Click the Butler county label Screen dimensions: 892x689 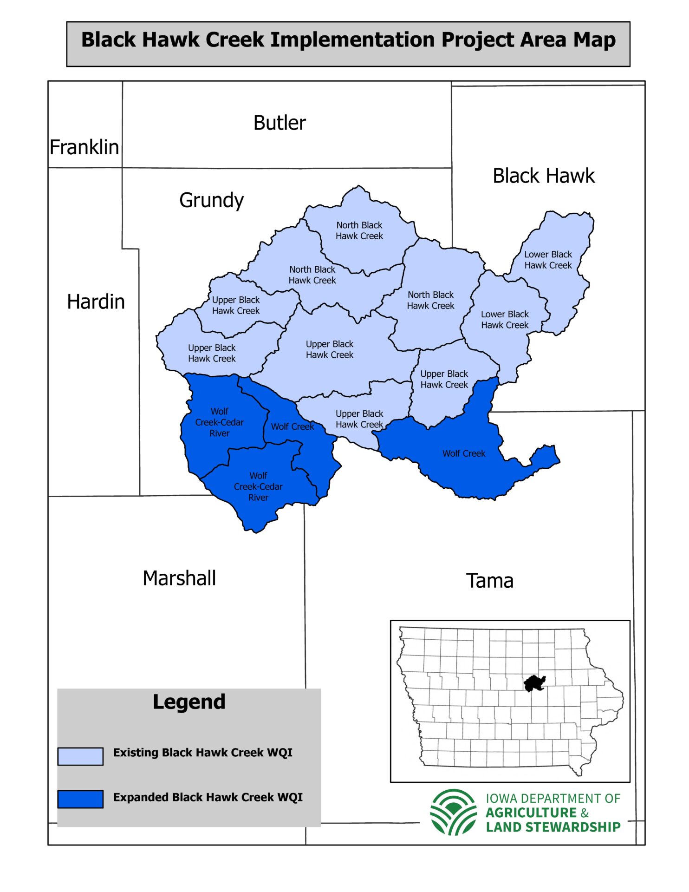279,123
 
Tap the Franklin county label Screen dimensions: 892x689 84,147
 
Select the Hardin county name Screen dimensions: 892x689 96,302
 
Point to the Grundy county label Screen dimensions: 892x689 211,201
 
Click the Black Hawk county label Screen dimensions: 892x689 543,176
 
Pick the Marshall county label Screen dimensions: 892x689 179,578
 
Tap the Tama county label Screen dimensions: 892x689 489,581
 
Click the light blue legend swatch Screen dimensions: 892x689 80,756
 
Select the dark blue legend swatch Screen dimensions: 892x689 80,799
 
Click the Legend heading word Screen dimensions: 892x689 189,702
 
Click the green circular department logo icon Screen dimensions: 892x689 453,812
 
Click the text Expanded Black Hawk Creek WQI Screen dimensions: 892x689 208,797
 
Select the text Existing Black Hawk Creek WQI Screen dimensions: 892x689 202,753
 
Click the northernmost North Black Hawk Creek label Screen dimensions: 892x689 359,230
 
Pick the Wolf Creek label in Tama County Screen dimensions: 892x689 463,453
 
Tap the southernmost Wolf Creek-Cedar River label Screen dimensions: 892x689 258,486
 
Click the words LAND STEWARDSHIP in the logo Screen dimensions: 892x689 553,827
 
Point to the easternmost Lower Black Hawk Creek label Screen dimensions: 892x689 548,260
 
